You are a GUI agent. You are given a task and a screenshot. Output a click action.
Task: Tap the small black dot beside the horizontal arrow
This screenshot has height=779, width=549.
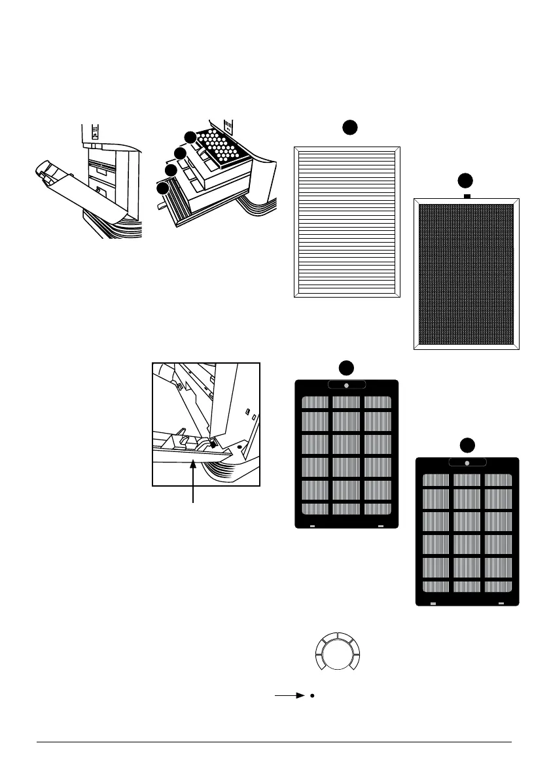point(313,696)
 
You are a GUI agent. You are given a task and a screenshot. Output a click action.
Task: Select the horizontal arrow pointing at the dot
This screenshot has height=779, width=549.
point(290,696)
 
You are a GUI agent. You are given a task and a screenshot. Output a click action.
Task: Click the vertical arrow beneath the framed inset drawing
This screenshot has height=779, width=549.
point(194,480)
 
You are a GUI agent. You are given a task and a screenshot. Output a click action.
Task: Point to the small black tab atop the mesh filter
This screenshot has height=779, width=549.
point(467,196)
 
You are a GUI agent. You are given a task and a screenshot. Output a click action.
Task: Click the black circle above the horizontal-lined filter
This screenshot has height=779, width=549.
point(349,128)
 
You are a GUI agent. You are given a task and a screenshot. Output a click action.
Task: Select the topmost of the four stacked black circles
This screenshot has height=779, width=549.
point(189,137)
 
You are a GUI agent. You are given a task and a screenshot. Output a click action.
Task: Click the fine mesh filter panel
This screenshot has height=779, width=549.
point(467,273)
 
